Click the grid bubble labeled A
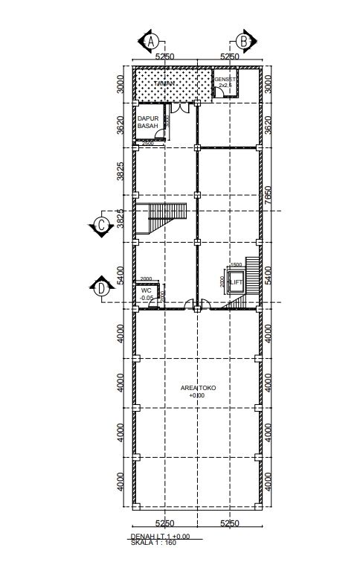(x=151, y=41)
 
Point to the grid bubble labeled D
(x=100, y=287)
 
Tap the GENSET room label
(x=225, y=79)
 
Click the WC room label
(x=146, y=290)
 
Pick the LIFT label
(x=236, y=283)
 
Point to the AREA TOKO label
(x=196, y=388)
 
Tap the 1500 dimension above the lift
(x=236, y=265)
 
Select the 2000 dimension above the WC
(x=146, y=279)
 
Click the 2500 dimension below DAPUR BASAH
(x=148, y=143)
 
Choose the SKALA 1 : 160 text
(x=154, y=543)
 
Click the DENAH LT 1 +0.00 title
(x=160, y=536)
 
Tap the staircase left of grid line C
(x=166, y=218)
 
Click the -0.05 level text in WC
(x=147, y=298)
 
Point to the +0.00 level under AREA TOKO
(x=196, y=395)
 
